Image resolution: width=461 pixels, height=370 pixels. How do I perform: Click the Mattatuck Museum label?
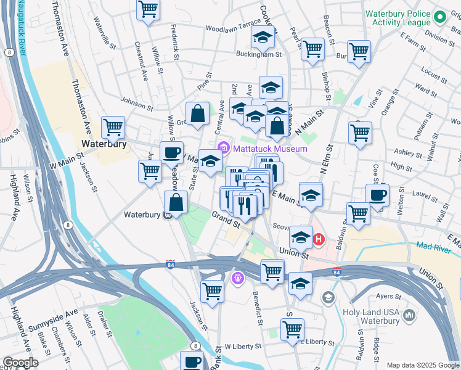tap(269, 149)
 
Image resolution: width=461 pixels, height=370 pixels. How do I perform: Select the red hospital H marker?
tap(319, 239)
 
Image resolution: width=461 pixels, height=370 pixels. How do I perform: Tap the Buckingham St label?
tap(261, 54)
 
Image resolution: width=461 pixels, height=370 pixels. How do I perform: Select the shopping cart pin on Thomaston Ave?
tap(113, 128)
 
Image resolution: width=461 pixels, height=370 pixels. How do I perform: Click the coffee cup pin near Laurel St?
tap(378, 195)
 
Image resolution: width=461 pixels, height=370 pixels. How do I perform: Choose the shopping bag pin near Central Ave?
tap(197, 113)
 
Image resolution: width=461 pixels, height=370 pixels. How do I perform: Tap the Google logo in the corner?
tap(20, 363)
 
